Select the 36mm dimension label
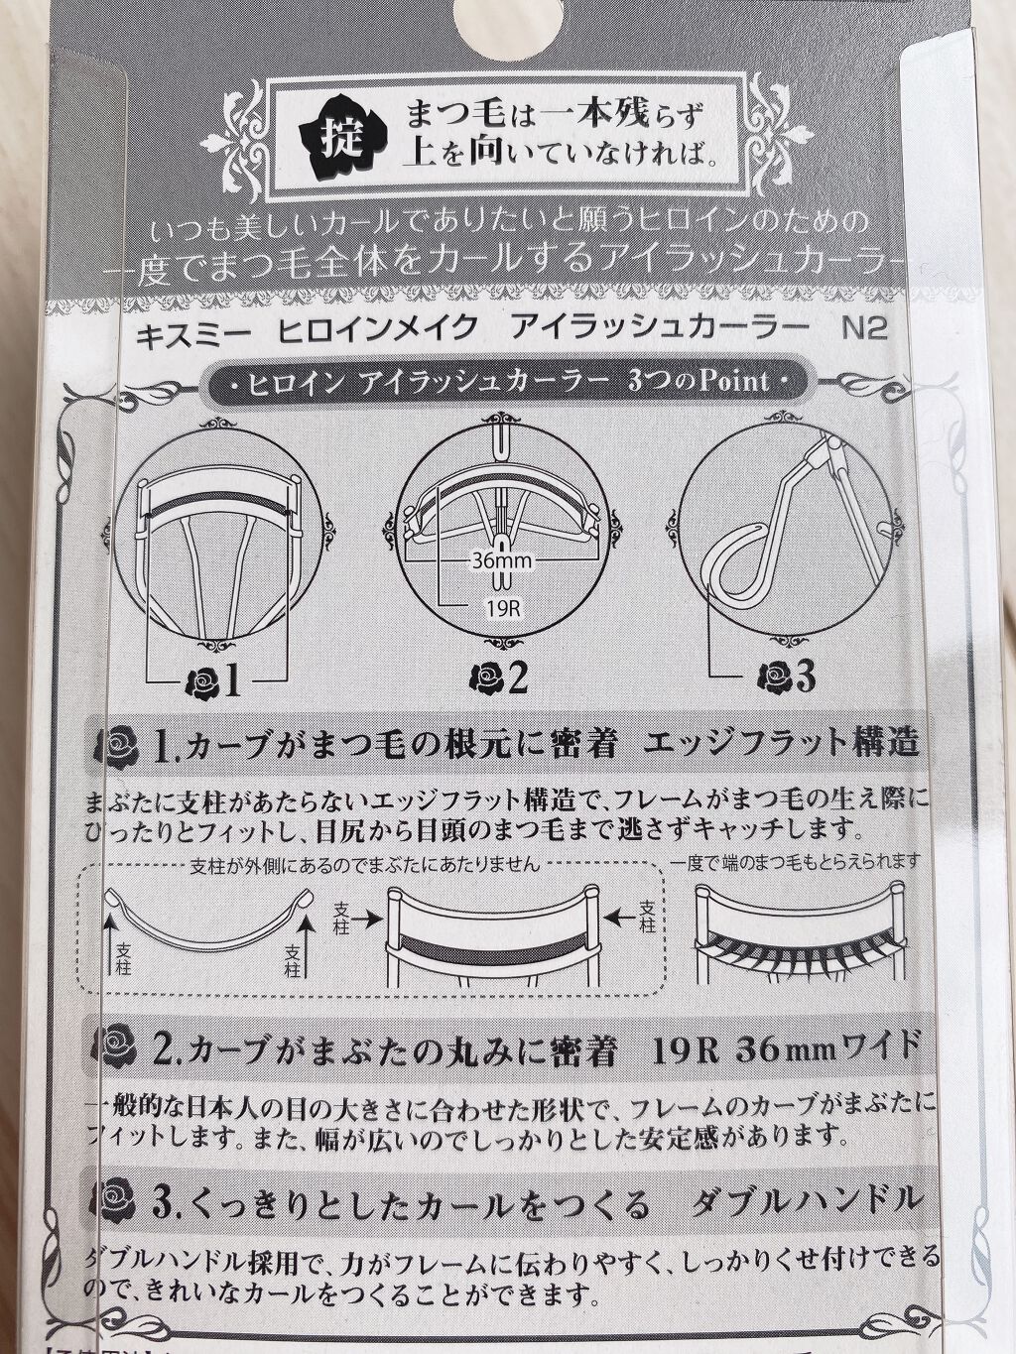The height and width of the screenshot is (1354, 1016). tap(501, 560)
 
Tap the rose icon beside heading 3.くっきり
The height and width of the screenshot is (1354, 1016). tap(116, 1204)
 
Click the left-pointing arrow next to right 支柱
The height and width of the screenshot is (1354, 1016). tap(624, 919)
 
